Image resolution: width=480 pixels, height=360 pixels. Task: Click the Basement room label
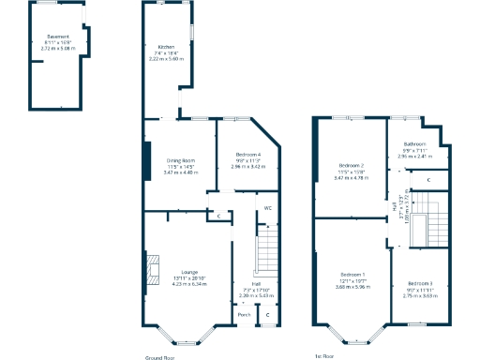pos(58,37)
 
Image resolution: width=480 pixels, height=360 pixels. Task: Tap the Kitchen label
pos(166,46)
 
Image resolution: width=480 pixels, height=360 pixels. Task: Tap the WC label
pos(267,206)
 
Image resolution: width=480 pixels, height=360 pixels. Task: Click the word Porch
pos(244,314)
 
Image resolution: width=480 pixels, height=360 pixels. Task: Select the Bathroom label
pos(415,143)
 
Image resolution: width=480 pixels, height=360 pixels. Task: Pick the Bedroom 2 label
pos(351,165)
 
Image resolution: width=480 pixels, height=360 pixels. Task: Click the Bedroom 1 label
pos(352,274)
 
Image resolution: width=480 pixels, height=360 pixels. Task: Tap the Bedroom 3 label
pos(419,282)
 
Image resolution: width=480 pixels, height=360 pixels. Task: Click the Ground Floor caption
pos(160,357)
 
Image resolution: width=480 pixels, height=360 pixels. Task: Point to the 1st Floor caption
pos(325,357)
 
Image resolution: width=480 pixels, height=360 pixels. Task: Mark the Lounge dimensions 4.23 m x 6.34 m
pos(176,284)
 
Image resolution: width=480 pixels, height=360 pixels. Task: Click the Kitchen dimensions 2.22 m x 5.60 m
pos(166,59)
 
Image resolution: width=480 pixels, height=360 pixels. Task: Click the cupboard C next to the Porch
pos(267,314)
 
